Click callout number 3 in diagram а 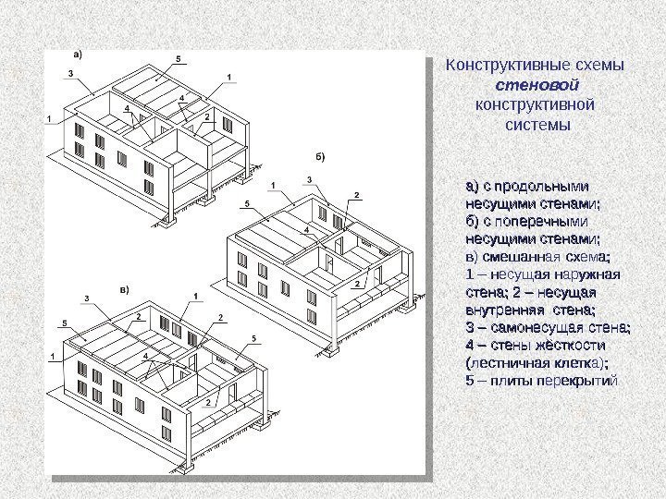tap(71, 72)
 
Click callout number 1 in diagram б tap(273, 185)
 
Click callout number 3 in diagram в tap(87, 298)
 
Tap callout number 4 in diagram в tap(145, 355)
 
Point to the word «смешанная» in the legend tap(523, 257)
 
